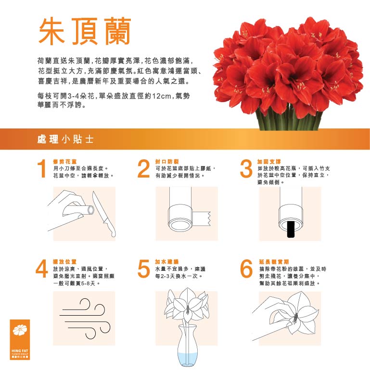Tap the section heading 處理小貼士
(x=65, y=139)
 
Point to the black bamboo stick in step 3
(x=290, y=230)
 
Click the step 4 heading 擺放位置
(x=64, y=262)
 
